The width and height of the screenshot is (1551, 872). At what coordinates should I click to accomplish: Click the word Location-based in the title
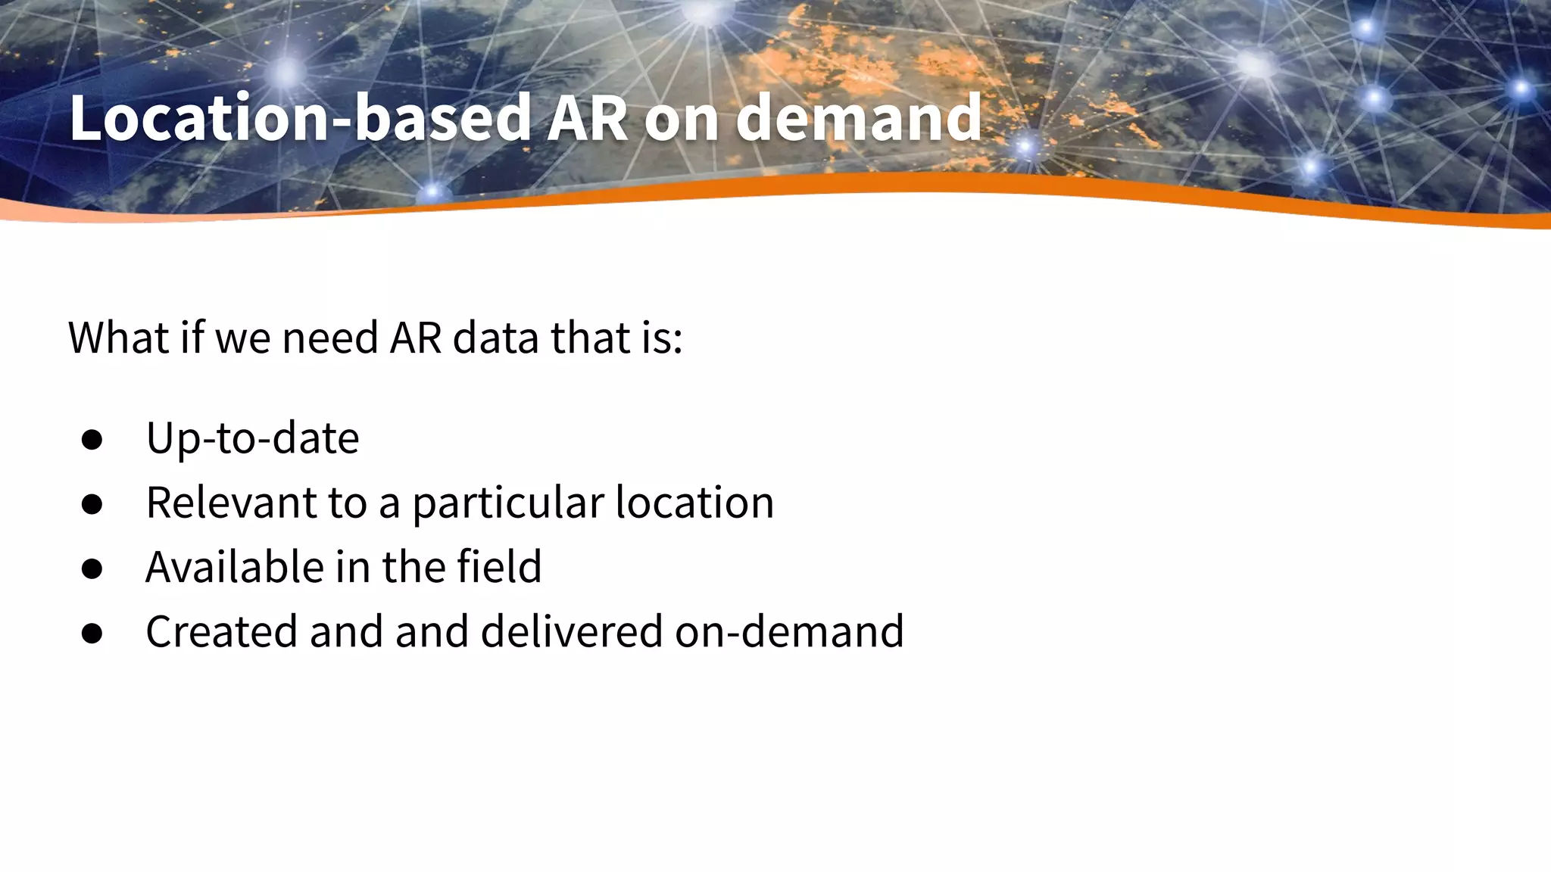click(x=299, y=118)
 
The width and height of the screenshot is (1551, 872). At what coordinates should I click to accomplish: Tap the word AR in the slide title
click(x=587, y=118)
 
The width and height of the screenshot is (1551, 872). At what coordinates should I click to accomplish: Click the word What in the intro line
click(x=118, y=338)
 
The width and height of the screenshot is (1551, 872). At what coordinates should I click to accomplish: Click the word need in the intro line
click(x=330, y=338)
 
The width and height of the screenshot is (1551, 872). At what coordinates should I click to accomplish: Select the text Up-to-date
click(x=252, y=438)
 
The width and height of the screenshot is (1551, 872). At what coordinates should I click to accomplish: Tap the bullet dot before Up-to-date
click(x=92, y=440)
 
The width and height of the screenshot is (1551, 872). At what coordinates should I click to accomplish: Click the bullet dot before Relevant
click(x=92, y=504)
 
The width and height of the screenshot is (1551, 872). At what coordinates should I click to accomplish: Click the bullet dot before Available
click(x=92, y=568)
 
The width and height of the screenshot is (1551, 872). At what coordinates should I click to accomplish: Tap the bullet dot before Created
click(x=92, y=633)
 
